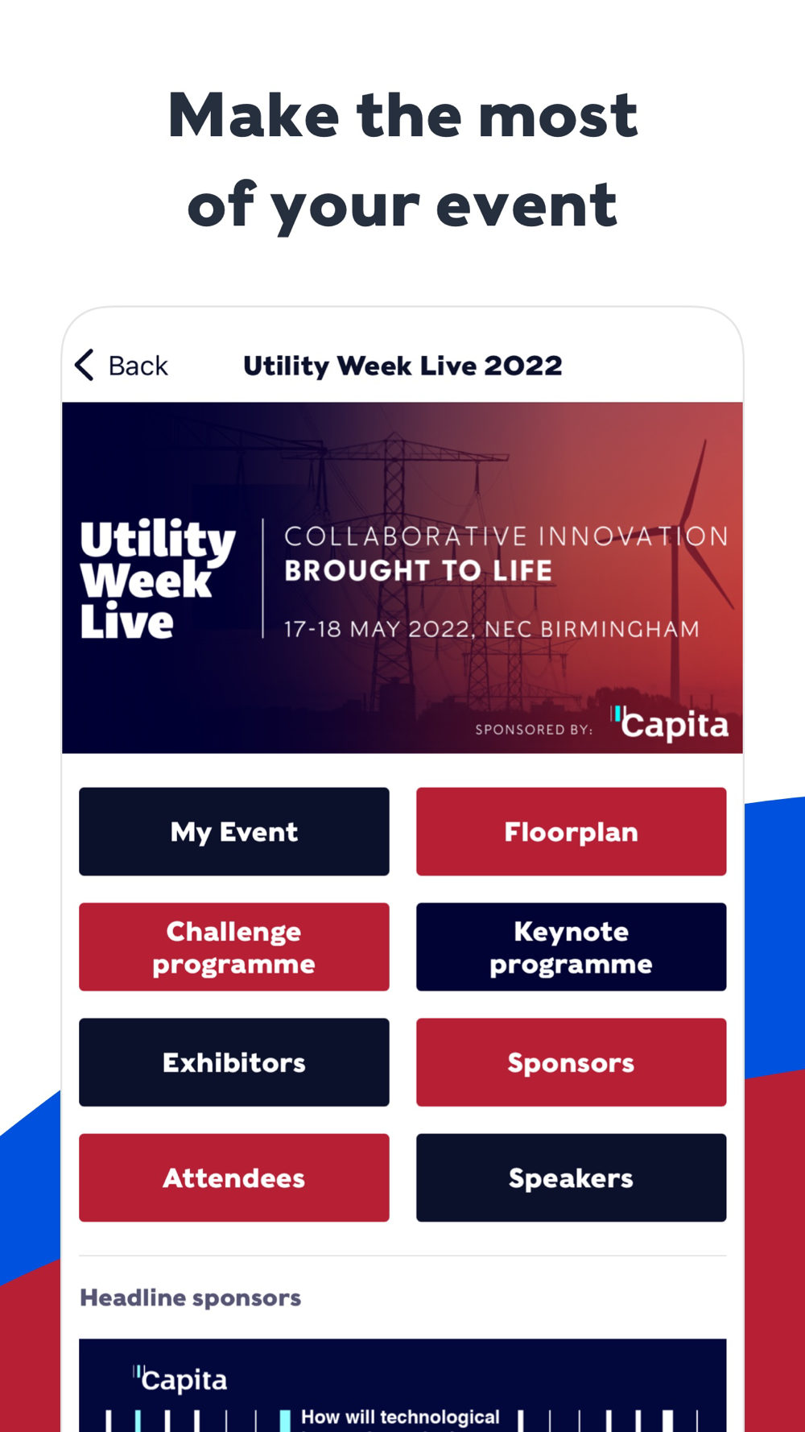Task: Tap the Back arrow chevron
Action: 85,365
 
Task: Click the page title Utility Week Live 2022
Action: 402,366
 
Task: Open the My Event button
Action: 234,831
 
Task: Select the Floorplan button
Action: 572,831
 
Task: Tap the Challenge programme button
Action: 234,946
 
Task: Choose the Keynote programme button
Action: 572,946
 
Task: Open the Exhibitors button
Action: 234,1062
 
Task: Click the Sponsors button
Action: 572,1062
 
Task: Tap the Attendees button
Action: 234,1177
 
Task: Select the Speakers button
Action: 572,1177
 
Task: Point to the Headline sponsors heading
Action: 191,1297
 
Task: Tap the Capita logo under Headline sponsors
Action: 180,1380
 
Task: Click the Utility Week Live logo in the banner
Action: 158,580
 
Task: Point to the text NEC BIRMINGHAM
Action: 592,629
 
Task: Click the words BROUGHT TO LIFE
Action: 419,571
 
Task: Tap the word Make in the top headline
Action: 254,116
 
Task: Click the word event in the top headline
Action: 526,206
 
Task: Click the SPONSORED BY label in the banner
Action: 534,730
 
